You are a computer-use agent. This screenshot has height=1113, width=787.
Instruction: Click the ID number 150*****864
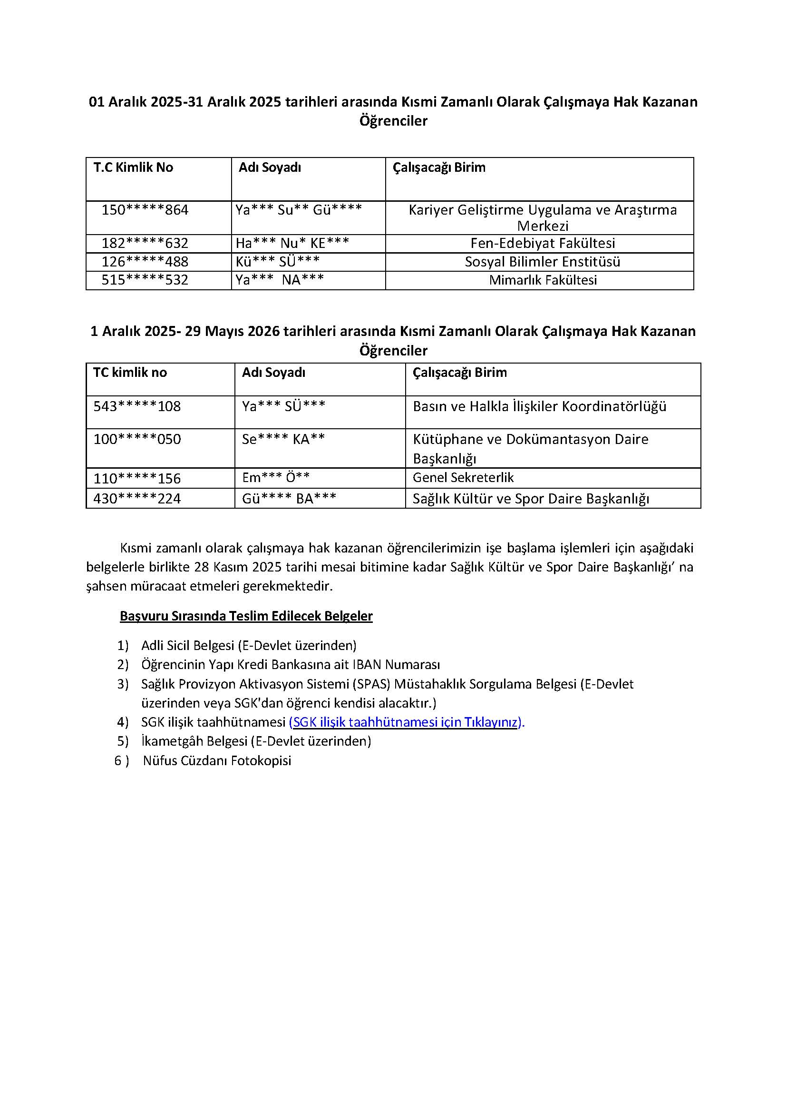pos(145,210)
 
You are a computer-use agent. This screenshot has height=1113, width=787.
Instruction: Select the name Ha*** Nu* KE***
pos(292,243)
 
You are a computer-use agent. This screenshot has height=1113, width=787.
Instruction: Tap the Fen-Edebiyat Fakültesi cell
pos(542,243)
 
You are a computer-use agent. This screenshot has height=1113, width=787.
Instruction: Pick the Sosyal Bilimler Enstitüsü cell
pos(542,262)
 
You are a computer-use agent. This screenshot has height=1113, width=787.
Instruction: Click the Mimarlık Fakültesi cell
pos(543,280)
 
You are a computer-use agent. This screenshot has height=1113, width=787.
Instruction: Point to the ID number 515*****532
pos(145,280)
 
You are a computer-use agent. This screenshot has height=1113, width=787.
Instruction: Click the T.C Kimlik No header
pos(133,167)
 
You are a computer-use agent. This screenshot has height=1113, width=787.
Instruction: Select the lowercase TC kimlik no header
pos(130,373)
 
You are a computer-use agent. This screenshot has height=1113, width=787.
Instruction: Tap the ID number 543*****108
pos(137,406)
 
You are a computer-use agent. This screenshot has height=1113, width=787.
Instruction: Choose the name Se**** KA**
pos(283,439)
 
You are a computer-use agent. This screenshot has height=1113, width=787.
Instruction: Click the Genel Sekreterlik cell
pos(463,478)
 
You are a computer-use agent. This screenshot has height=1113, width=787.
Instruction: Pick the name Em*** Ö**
pos(276,478)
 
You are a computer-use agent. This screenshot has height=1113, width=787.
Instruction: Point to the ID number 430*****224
pos(137,499)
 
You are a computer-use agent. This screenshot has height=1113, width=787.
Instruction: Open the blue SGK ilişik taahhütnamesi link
pos(407,722)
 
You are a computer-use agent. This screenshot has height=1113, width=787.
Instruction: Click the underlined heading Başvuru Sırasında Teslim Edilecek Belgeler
pos(246,616)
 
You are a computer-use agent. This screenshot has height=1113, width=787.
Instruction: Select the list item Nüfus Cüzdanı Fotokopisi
pos(217,760)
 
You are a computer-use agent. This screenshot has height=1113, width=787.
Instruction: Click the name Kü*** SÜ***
pos(278,262)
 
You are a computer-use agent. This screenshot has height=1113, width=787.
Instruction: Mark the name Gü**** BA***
pos(289,499)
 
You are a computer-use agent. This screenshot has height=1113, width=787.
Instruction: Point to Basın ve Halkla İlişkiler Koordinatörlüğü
pos(539,406)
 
